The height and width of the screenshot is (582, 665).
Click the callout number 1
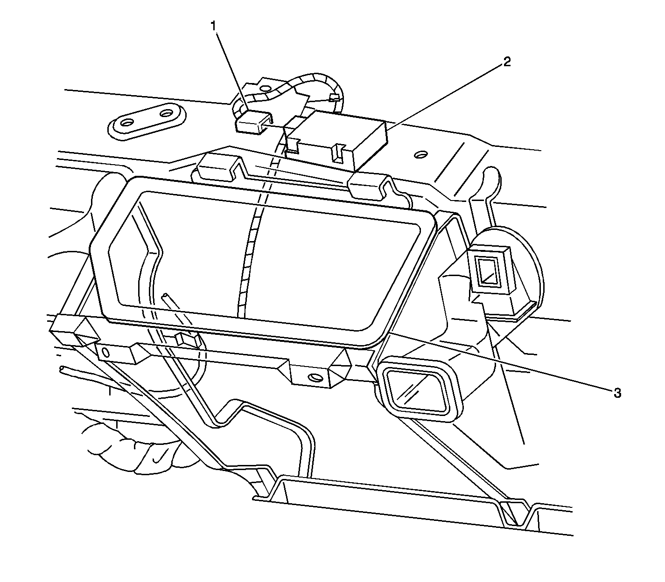click(x=214, y=26)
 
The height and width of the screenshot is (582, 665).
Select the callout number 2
click(x=507, y=62)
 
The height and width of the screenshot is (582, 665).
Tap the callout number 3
click(x=617, y=394)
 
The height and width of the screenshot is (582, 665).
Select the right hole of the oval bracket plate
click(x=167, y=114)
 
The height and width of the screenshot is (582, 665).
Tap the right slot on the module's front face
click(x=338, y=152)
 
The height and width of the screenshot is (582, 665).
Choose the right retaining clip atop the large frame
click(x=369, y=186)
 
